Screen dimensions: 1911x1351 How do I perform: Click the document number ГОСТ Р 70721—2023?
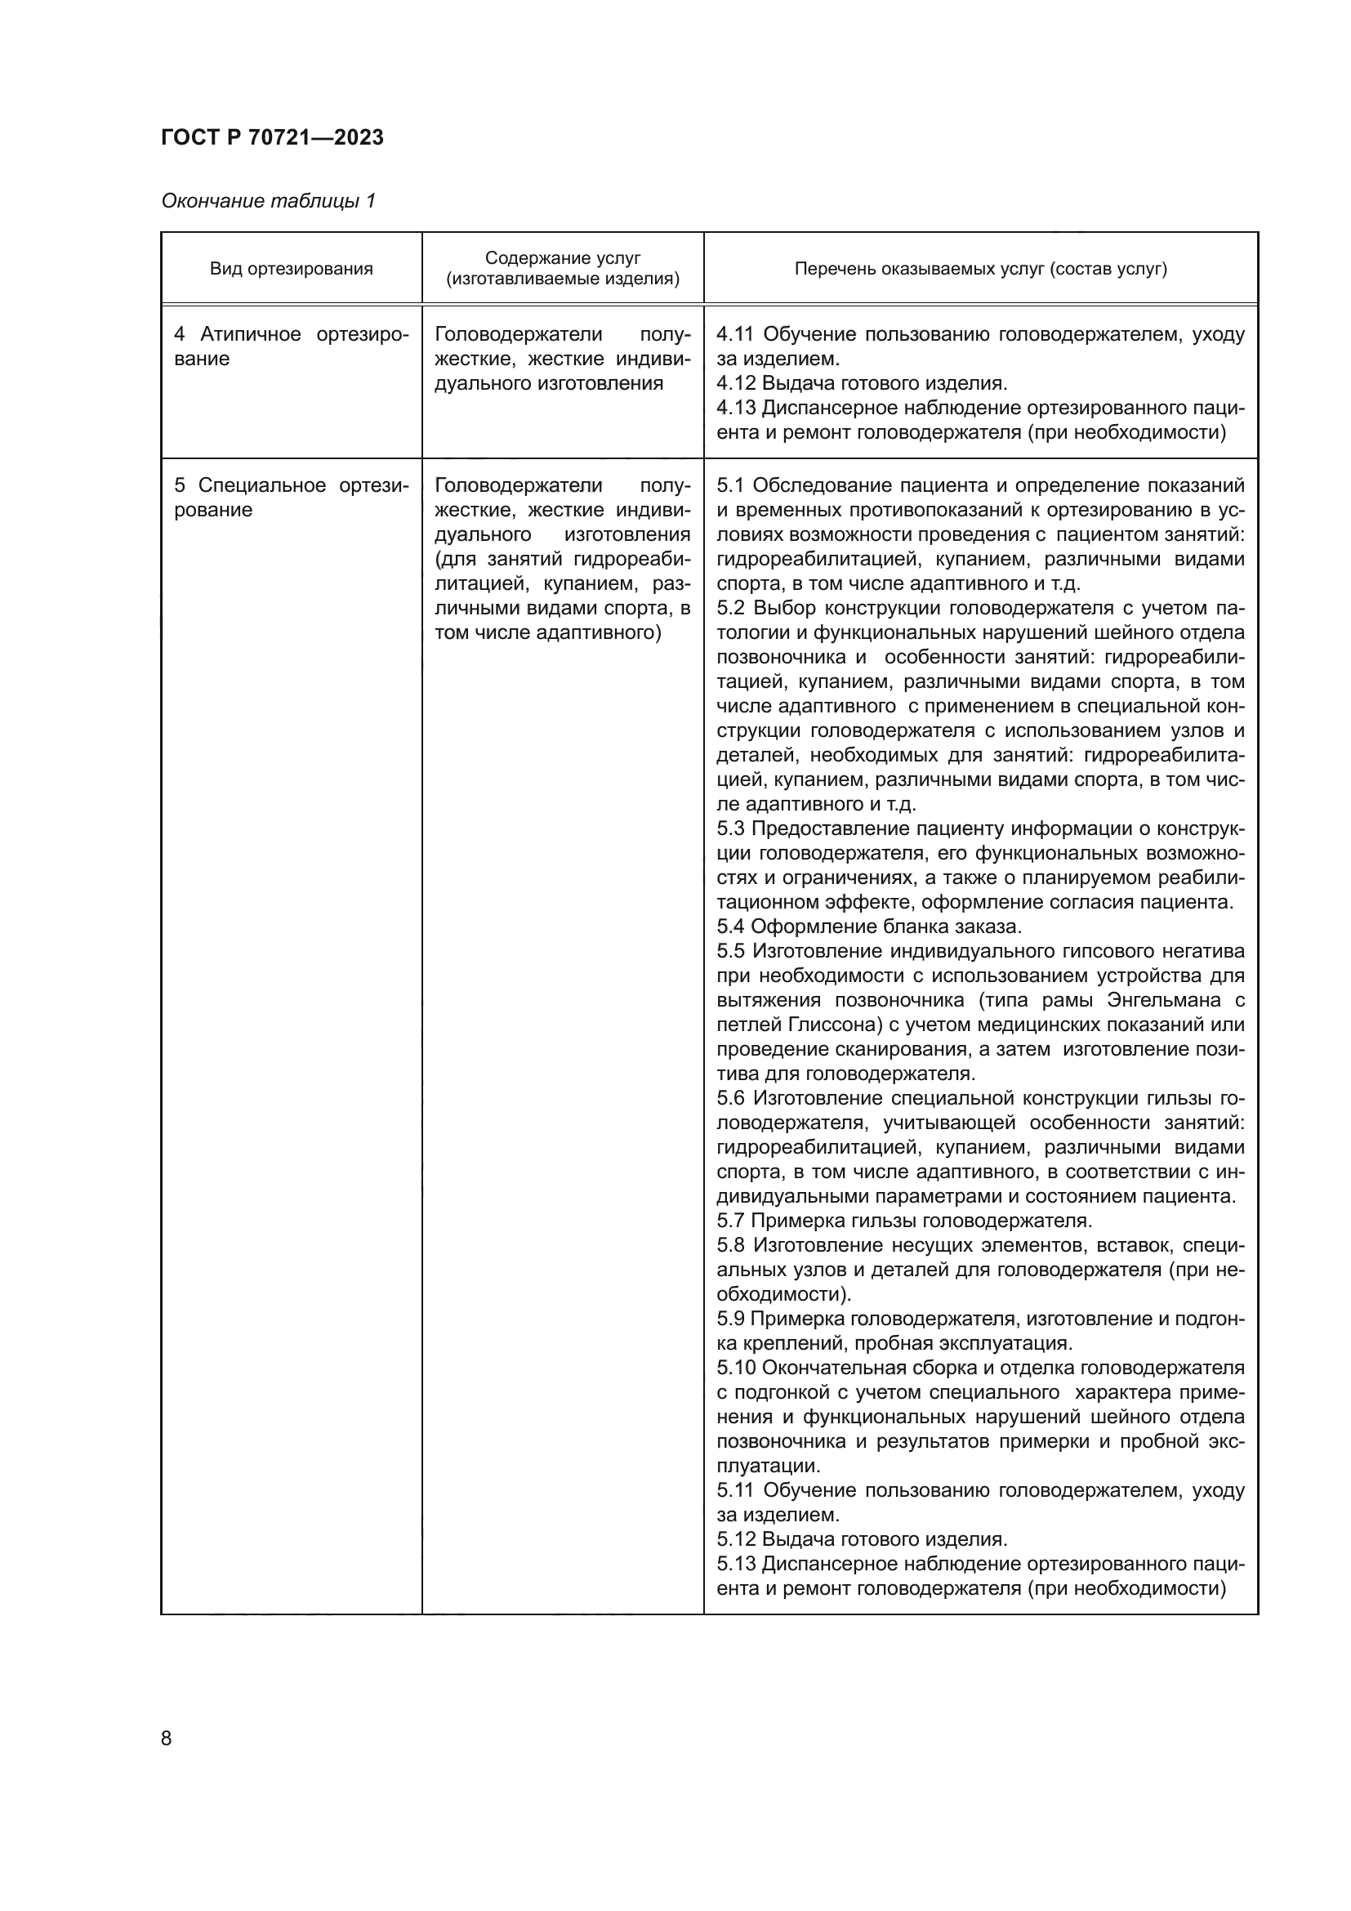[x=272, y=137]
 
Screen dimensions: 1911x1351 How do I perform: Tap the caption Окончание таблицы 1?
[x=268, y=201]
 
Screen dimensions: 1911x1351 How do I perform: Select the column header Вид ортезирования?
[x=291, y=269]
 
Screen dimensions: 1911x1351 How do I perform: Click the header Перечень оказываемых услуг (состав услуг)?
[x=980, y=269]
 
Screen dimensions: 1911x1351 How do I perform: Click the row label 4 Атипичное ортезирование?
[x=291, y=346]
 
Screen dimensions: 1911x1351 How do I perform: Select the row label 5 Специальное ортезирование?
[x=291, y=498]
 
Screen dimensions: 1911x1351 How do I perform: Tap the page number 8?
[x=167, y=1738]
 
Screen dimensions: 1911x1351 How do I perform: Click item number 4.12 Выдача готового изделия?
[x=861, y=384]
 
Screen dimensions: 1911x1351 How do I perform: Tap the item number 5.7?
[x=731, y=1221]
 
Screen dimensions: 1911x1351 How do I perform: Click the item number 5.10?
[x=736, y=1368]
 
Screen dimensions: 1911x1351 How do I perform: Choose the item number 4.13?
[x=736, y=408]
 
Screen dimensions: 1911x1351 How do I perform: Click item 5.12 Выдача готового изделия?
[x=861, y=1539]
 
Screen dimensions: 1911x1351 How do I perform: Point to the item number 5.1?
[x=731, y=485]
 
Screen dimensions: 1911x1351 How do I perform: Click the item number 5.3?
[x=731, y=828]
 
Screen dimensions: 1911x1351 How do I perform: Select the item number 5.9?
[x=731, y=1319]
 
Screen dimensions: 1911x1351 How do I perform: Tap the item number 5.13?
[x=736, y=1563]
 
